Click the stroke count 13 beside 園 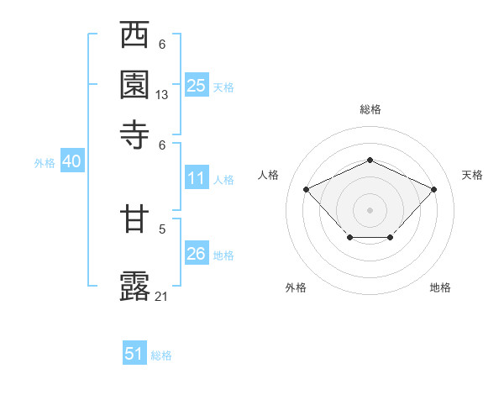tap(162, 95)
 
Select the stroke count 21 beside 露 tap(162, 296)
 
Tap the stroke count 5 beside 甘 tap(162, 227)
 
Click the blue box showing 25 tap(197, 86)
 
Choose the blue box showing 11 tap(197, 178)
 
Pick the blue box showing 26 tap(197, 254)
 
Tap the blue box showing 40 tap(71, 162)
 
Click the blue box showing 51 tap(134, 354)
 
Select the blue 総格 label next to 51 tap(161, 355)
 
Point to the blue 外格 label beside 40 tap(45, 164)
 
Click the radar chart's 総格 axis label tap(370, 110)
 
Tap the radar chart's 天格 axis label tap(473, 175)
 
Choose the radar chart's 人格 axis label tap(269, 175)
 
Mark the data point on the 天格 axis tap(433, 189)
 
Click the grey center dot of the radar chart tap(370, 209)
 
